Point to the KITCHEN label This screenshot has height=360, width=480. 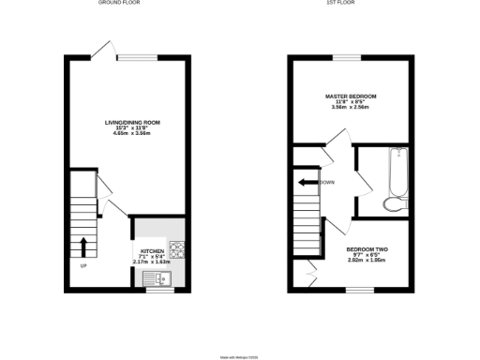pyautogui.click(x=152, y=251)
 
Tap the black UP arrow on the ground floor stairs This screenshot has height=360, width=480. pyautogui.click(x=84, y=247)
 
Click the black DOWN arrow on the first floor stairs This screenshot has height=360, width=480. pyautogui.click(x=307, y=183)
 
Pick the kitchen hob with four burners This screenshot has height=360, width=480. pyautogui.click(x=175, y=248)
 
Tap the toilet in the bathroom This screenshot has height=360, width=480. pyautogui.click(x=395, y=204)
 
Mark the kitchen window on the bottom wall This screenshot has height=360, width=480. pyautogui.click(x=159, y=289)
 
